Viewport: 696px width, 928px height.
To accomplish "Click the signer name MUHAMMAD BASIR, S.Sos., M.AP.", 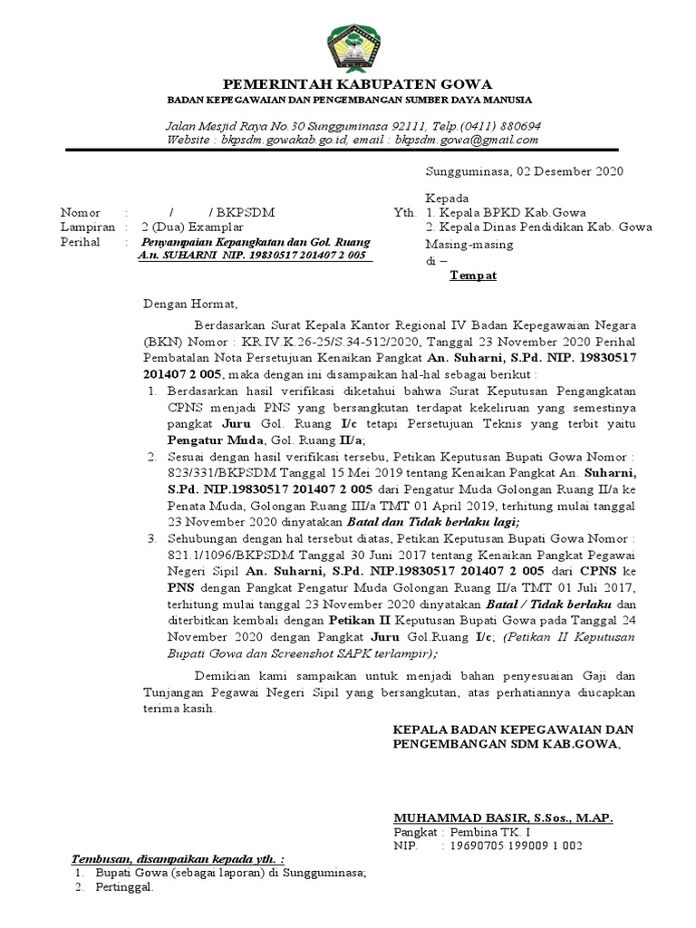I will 503,818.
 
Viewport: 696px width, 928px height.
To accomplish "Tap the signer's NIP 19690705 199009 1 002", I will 513,846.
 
